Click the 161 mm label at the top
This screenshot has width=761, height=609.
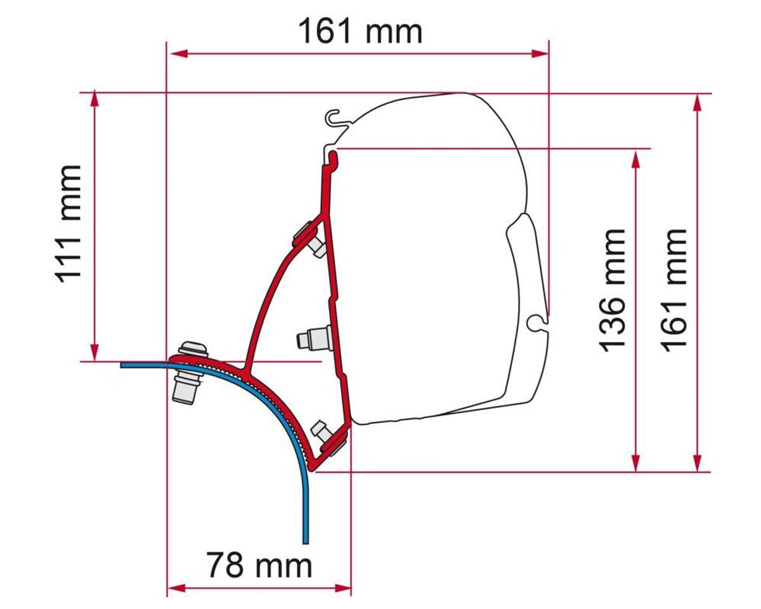pos(360,32)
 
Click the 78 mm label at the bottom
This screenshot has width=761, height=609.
pos(259,565)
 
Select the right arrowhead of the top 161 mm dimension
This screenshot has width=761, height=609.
pos(540,54)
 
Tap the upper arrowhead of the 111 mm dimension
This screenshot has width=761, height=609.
pos(94,99)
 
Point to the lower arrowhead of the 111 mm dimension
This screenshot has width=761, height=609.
pos(94,353)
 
